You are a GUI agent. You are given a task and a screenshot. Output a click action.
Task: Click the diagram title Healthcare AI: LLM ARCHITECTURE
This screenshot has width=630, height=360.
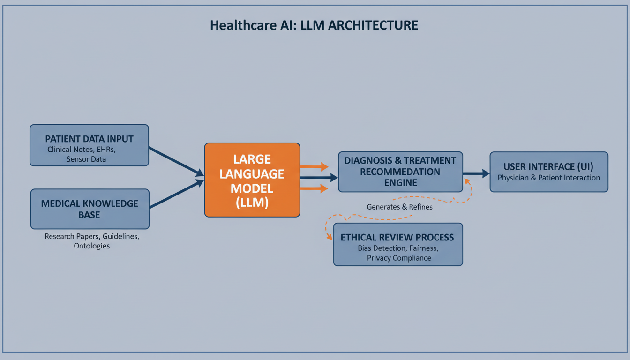(x=314, y=25)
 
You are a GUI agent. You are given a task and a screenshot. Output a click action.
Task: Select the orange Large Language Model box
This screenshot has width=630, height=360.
(x=252, y=180)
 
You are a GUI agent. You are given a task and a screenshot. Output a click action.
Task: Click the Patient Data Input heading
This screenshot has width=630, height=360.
(x=89, y=139)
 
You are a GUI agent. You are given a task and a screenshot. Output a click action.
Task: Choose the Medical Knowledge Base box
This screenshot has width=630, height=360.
(x=90, y=209)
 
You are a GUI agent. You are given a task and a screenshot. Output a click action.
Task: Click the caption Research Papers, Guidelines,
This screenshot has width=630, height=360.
(x=91, y=237)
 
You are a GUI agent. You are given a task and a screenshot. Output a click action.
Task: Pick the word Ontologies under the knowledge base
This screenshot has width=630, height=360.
(x=91, y=246)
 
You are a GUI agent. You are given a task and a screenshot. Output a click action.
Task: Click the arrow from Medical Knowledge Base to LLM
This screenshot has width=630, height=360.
(x=176, y=194)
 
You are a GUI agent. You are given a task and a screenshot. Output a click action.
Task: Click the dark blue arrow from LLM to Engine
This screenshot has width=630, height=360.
(x=318, y=178)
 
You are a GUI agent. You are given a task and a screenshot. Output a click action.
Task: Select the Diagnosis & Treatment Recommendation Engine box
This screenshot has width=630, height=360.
(x=400, y=172)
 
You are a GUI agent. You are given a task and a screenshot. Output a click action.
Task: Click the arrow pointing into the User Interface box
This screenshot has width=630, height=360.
(x=476, y=174)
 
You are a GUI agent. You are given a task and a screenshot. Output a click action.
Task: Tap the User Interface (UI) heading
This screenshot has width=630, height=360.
(x=548, y=166)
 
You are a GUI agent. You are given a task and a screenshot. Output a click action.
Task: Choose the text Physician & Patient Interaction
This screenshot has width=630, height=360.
(x=548, y=178)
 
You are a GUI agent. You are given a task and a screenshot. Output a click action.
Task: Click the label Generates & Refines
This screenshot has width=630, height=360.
(x=399, y=206)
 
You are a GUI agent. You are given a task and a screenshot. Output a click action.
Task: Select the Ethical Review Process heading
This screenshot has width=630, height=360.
(x=397, y=237)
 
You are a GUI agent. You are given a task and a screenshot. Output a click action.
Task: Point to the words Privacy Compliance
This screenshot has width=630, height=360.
(x=399, y=258)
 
